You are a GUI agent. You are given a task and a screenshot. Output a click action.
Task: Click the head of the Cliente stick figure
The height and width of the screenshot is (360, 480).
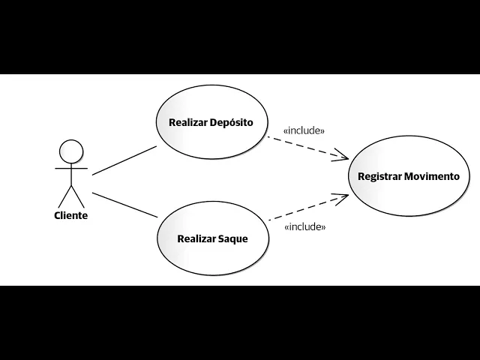71,151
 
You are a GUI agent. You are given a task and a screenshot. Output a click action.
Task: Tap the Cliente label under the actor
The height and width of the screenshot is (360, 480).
70,216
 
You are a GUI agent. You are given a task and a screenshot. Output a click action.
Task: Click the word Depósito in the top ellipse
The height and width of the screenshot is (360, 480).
232,122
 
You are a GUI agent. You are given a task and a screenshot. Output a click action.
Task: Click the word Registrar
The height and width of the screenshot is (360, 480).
379,177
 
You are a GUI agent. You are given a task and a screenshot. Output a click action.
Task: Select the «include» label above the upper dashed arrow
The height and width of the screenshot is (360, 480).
304,130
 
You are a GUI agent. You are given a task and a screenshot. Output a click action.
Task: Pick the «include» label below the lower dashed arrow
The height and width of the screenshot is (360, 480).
305,226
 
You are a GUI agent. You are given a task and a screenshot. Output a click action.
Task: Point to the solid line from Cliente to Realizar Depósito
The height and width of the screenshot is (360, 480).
124,160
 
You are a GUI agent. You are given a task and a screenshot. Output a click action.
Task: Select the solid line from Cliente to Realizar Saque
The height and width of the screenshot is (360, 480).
124,205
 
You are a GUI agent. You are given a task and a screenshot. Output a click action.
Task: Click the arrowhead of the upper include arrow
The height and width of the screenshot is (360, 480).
343,157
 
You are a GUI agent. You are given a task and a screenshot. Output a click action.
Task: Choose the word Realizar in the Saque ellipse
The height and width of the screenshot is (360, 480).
196,239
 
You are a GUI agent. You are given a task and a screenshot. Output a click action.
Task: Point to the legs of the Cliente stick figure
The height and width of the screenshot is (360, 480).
71,196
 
